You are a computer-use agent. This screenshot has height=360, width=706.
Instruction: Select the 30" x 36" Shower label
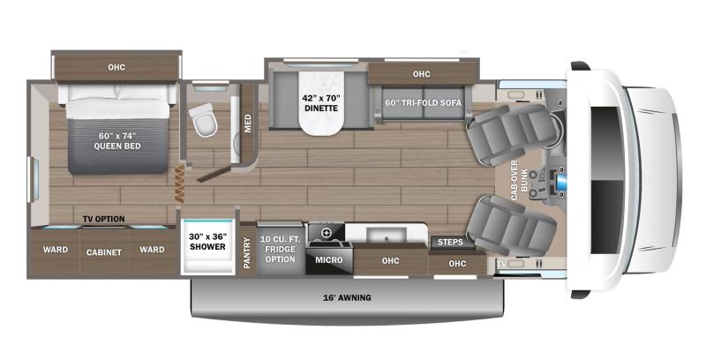click(207, 242)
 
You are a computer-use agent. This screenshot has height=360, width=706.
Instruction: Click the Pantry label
click(247, 251)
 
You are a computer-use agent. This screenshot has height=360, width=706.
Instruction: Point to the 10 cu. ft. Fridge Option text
click(280, 245)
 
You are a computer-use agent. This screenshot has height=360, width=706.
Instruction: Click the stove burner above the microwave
click(327, 232)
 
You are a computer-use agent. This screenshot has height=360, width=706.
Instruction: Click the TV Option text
click(104, 219)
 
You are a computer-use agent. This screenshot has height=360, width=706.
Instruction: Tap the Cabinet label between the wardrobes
click(103, 251)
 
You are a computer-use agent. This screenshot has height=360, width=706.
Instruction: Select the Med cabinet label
click(247, 119)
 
